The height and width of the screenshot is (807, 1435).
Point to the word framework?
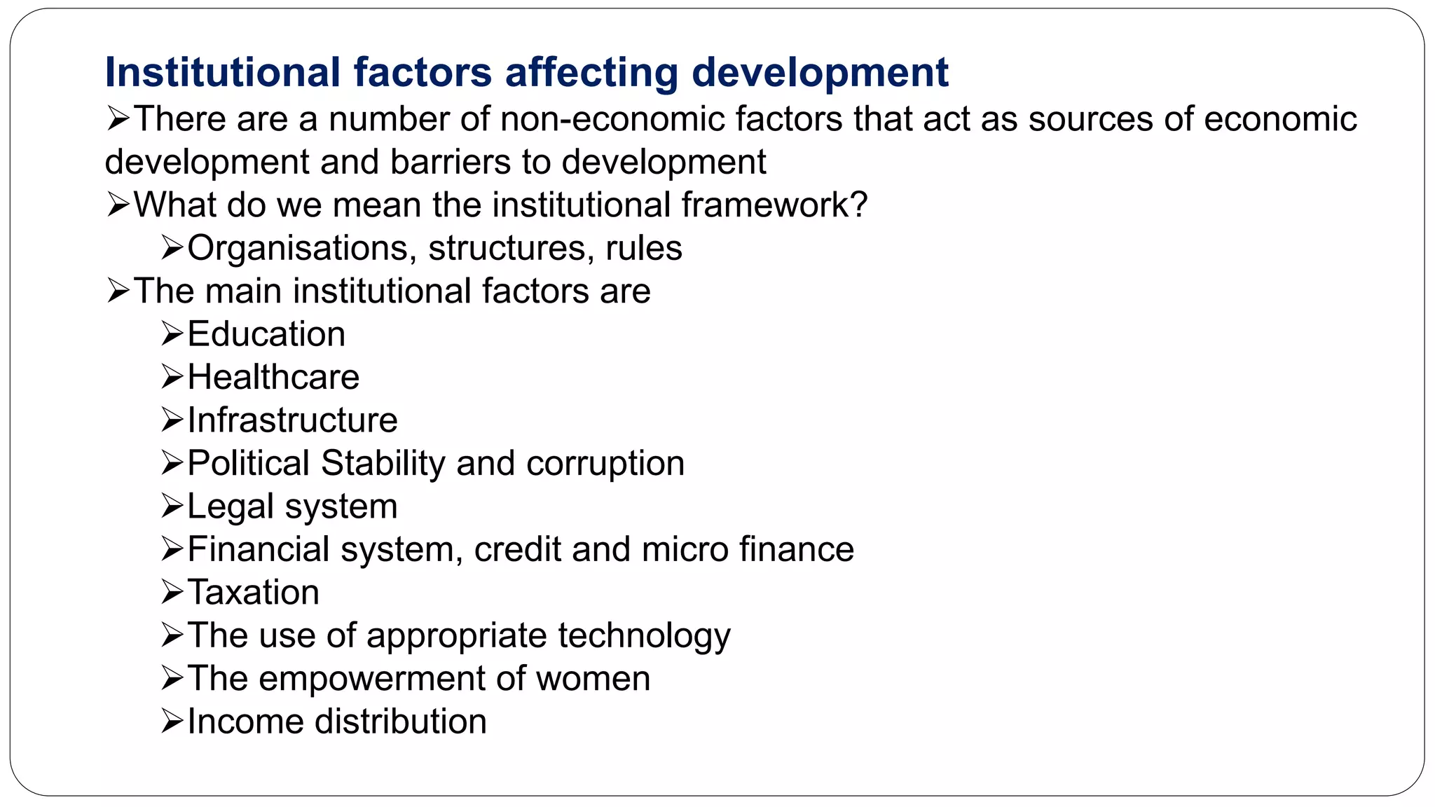pos(774,205)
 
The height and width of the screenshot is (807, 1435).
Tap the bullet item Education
pos(266,334)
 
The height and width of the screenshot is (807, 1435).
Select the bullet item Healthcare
pos(273,378)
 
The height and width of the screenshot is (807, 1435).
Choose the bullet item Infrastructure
pos(292,420)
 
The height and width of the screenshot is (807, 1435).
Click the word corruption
pos(605,464)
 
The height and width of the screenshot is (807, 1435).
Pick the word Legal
pos(230,507)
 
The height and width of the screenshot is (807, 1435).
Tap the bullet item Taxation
pos(253,593)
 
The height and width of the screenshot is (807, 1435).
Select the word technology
pos(644,637)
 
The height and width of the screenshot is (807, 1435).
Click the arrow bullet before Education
pos(172,333)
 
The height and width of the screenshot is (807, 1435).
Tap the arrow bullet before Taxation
pos(172,592)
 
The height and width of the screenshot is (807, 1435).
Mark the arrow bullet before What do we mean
pos(118,205)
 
